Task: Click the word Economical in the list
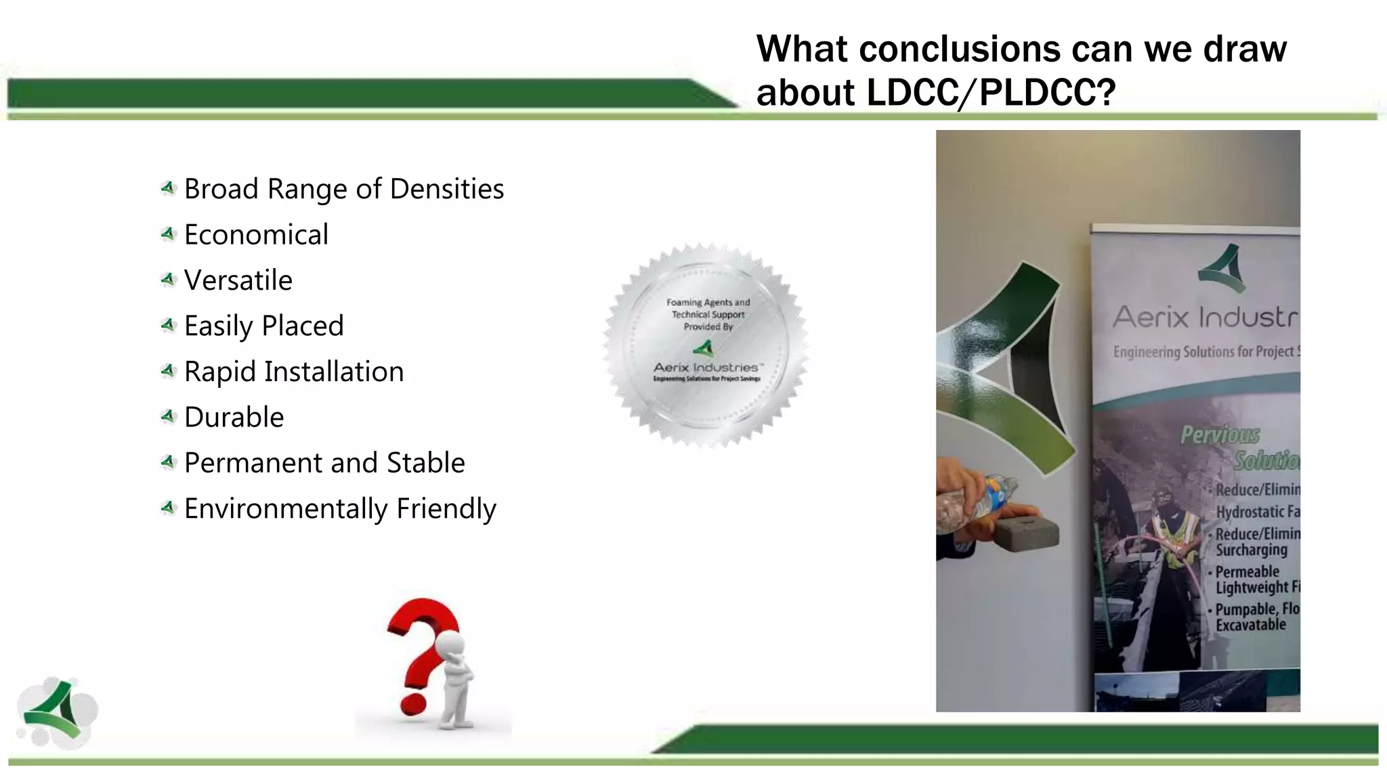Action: (256, 235)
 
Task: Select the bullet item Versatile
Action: (238, 280)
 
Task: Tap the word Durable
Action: (234, 417)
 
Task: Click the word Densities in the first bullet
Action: (446, 189)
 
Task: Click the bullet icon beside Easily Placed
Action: (168, 326)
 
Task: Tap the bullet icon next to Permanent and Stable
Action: (168, 462)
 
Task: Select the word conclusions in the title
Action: (960, 49)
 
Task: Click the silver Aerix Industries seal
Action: (706, 345)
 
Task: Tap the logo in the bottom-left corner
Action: (58, 712)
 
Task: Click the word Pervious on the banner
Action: (1220, 435)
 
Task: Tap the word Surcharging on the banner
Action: (1251, 550)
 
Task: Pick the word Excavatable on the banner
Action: (1250, 625)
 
